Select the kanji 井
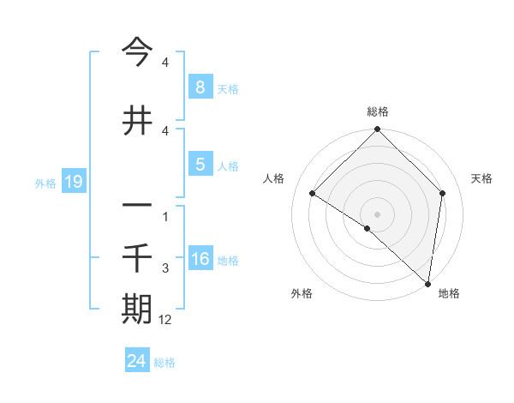pyautogui.click(x=137, y=121)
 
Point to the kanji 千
pyautogui.click(x=137, y=256)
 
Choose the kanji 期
pyautogui.click(x=137, y=308)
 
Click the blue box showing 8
pyautogui.click(x=200, y=87)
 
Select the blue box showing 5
pyautogui.click(x=200, y=164)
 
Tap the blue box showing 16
pyautogui.click(x=200, y=258)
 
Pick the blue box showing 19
pyautogui.click(x=73, y=181)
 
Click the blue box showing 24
pyautogui.click(x=137, y=361)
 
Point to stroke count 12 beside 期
pyautogui.click(x=166, y=319)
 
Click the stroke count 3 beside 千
pyautogui.click(x=165, y=268)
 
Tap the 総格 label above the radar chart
pyautogui.click(x=377, y=111)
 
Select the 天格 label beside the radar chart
pyautogui.click(x=482, y=178)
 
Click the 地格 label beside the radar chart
pyautogui.click(x=449, y=293)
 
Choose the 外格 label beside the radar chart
pyautogui.click(x=302, y=293)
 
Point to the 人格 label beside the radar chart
pyautogui.click(x=274, y=178)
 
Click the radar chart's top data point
pyautogui.click(x=377, y=129)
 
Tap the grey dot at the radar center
pyautogui.click(x=377, y=214)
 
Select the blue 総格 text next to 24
pyautogui.click(x=164, y=363)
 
